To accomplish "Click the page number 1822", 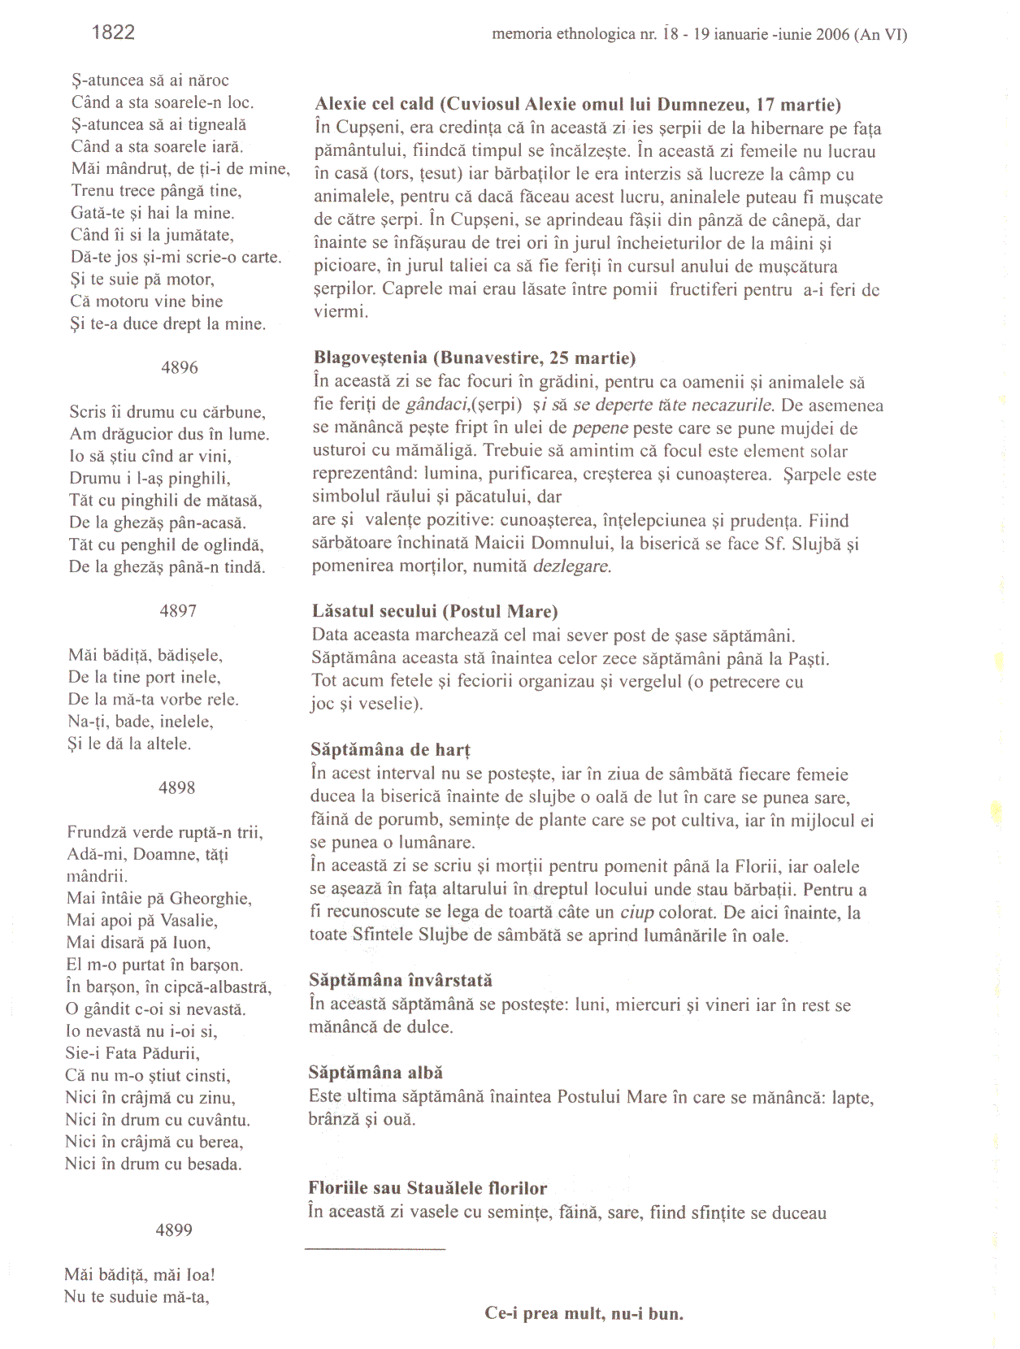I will pos(113,33).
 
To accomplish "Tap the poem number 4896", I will pos(180,367).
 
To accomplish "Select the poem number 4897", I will pos(178,611).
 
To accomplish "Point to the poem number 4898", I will pos(176,787).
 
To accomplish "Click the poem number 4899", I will pos(174,1230).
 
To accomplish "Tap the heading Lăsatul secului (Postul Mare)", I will pos(435,612).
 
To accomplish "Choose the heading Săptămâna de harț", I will pos(390,750).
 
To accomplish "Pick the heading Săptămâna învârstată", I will pos(401,981).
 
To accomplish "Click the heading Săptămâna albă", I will pos(375,1074).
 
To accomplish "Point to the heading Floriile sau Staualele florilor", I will pos(428,1189).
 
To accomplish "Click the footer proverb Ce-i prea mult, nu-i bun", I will pos(584,1313).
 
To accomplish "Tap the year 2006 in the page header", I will pos(832,35).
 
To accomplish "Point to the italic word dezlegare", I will pos(571,566).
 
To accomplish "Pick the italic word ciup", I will pos(636,913).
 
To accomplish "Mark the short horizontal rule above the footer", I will pos(375,1248).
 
